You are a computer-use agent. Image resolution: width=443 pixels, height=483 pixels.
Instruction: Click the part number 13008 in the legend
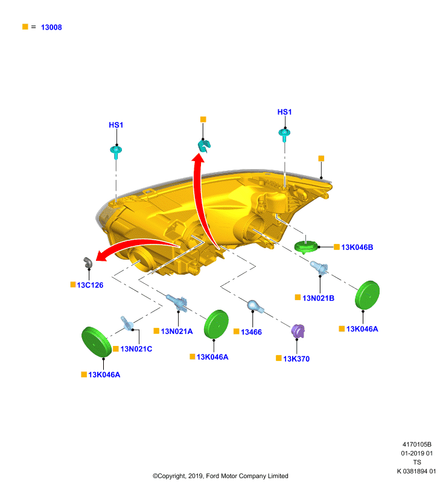[51, 27]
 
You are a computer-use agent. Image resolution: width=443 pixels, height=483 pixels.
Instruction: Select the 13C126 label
[90, 285]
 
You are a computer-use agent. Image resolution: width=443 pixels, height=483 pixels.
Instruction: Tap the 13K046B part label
[357, 248]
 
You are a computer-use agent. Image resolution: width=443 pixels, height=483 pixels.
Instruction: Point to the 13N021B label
[318, 298]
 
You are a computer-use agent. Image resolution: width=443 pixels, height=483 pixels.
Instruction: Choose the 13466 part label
[251, 332]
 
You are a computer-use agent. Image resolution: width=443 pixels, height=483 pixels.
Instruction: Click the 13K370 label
[296, 359]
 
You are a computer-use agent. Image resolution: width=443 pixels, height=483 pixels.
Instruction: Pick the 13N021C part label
[136, 349]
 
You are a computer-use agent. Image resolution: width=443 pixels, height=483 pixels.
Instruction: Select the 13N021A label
[177, 331]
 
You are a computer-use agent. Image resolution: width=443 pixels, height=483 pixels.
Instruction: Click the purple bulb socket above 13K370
[298, 331]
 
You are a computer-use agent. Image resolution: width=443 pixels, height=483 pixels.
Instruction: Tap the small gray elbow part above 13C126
[88, 263]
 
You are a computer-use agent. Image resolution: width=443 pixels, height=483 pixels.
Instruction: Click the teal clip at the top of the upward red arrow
[204, 146]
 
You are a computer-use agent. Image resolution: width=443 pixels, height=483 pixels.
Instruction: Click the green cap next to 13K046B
[306, 247]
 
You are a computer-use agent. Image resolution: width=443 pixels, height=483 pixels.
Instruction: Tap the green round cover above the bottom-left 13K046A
[97, 342]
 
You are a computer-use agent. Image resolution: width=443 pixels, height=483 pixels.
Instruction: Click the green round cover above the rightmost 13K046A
[367, 295]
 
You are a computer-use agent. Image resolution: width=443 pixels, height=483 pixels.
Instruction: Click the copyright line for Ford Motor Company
[220, 476]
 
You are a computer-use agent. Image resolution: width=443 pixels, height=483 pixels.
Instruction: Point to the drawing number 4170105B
[417, 444]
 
